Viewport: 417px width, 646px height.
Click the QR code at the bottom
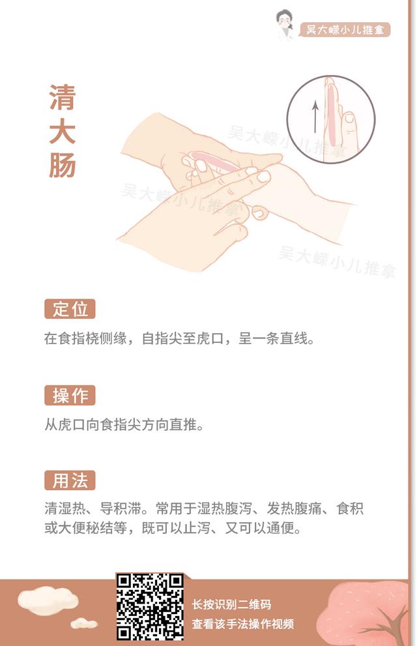[x=149, y=606]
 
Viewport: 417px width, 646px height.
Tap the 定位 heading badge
[x=70, y=309]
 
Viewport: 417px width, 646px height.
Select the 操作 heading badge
[x=70, y=396]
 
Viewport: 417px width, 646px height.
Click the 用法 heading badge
[x=70, y=480]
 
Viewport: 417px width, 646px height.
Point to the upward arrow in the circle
[x=315, y=117]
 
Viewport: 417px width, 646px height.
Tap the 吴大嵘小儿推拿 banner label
[x=345, y=30]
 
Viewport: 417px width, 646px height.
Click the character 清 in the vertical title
[x=63, y=98]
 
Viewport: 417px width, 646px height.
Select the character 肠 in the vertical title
[x=63, y=165]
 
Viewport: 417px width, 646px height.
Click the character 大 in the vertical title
[x=63, y=132]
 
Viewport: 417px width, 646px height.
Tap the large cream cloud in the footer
[x=48, y=601]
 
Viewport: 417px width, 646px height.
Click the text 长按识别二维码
[x=232, y=604]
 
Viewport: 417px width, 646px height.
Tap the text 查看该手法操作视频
[x=243, y=624]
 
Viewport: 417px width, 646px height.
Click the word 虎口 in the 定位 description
[x=210, y=338]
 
